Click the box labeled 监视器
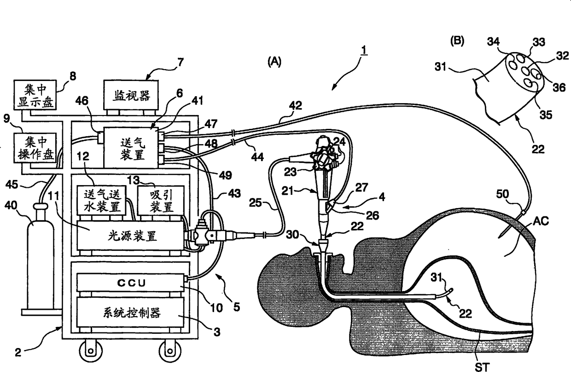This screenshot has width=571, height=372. [130, 95]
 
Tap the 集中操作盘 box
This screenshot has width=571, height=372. [35, 148]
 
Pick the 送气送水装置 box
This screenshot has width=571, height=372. [101, 199]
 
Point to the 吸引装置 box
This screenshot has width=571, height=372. [161, 199]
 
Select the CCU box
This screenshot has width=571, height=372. [130, 281]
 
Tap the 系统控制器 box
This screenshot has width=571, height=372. [130, 313]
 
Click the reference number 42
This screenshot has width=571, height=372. [296, 106]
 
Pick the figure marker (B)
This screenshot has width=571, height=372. [456, 41]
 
